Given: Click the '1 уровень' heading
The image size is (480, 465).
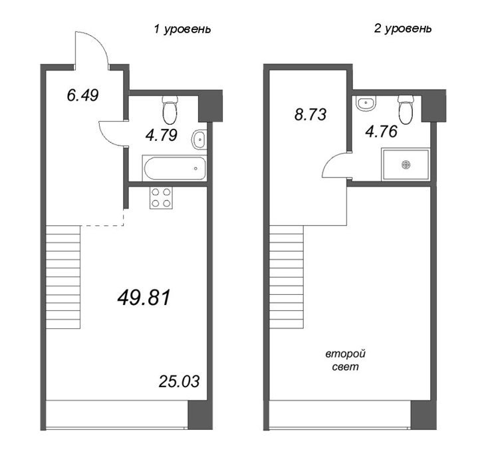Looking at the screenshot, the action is [182, 29].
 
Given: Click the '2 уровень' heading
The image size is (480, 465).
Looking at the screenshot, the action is [403, 29].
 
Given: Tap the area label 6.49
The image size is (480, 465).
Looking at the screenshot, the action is [82, 95].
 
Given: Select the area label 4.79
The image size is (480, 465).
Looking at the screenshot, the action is [162, 136].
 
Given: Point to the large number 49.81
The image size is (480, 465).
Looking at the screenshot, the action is [144, 298].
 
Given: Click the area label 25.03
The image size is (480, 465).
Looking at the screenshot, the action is [179, 381].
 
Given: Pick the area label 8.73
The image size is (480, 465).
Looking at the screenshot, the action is [310, 114].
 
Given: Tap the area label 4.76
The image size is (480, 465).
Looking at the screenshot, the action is [382, 132].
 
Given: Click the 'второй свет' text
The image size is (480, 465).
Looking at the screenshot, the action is [346, 360].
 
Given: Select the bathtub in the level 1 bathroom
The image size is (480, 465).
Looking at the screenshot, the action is [174, 168].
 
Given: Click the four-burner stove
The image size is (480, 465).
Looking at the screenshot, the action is [161, 198].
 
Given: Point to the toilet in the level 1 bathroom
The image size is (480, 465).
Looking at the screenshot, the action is [170, 110].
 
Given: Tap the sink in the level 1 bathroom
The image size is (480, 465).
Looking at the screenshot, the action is [199, 139].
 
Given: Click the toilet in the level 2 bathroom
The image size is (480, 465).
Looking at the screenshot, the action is [406, 110].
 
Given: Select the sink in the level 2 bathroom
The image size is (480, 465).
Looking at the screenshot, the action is [366, 104].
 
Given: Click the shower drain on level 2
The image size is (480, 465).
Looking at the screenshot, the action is [406, 165].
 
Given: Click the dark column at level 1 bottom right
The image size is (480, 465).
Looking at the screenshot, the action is [200, 415].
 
